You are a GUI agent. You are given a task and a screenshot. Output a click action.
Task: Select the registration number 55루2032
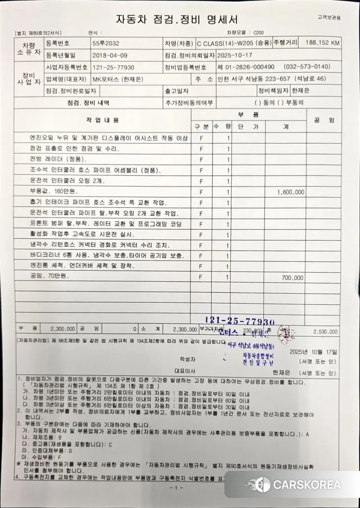(x=106, y=43)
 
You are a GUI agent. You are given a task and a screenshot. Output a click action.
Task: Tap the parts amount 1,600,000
(x=290, y=192)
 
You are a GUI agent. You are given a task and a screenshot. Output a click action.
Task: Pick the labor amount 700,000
(x=292, y=278)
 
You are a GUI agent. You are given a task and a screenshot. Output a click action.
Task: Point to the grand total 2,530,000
(x=327, y=332)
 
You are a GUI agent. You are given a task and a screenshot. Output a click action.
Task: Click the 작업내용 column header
(x=102, y=120)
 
